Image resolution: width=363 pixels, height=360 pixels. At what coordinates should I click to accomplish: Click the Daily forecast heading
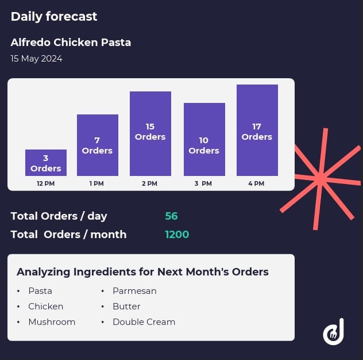[54, 17]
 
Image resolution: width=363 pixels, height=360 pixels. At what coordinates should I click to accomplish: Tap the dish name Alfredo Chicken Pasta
[71, 43]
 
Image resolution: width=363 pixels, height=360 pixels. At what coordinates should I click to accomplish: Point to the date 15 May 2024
[36, 59]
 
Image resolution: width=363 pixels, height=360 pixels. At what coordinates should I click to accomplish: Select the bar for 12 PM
[46, 163]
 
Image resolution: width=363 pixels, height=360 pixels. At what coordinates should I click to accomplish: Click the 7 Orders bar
[97, 145]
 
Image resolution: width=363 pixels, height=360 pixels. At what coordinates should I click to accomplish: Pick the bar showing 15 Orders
[150, 133]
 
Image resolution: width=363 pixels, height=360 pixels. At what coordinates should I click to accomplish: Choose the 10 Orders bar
[204, 139]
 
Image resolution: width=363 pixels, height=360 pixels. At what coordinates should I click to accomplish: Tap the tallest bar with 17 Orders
[257, 130]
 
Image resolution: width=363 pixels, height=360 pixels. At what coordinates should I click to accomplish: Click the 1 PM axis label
[96, 183]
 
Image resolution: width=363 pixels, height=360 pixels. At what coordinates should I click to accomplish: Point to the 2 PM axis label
[149, 183]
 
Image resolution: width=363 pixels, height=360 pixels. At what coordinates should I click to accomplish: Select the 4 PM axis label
[256, 183]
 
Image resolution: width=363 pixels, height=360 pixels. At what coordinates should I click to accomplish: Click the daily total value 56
[171, 216]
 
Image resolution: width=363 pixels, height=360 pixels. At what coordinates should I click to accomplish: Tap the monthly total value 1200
[177, 235]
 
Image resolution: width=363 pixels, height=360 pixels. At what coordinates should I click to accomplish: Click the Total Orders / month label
[68, 235]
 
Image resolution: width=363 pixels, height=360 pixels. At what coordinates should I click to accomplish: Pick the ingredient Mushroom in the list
[52, 322]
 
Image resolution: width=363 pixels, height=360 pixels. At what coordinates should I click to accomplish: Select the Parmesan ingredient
[134, 291]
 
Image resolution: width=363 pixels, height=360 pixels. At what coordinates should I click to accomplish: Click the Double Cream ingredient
[144, 322]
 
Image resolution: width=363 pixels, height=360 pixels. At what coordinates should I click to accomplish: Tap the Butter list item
[126, 307]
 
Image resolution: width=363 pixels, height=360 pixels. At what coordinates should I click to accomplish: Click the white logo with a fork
[333, 332]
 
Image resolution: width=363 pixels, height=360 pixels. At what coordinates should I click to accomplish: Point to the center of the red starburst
[320, 177]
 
